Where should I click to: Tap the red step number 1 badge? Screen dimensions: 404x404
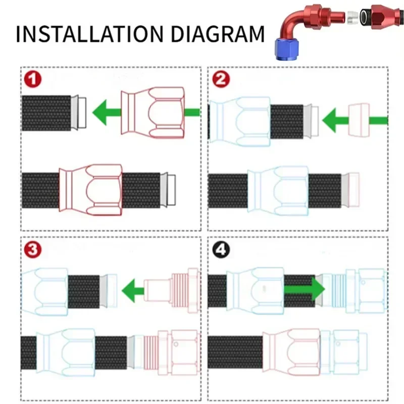click(x=34, y=80)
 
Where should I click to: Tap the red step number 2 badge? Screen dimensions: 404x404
click(x=221, y=80)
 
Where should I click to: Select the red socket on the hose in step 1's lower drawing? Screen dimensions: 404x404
click(x=91, y=188)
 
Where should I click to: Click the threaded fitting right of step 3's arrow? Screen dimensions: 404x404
click(x=172, y=290)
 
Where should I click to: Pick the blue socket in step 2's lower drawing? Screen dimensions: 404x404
click(x=278, y=188)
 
